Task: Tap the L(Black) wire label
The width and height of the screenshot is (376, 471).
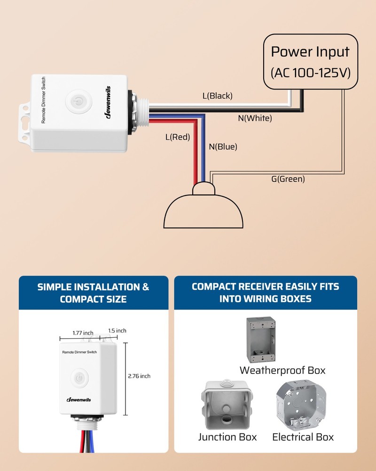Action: coord(217,96)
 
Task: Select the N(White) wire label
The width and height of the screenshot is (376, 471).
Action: coord(255,118)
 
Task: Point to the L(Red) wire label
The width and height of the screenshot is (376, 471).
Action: coord(177,138)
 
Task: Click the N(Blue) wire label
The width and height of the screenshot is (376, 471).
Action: coord(223,146)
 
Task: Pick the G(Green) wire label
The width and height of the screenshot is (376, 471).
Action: coord(288,179)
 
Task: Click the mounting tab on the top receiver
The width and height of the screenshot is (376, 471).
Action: coord(24,122)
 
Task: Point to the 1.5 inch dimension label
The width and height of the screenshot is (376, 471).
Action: coord(117,331)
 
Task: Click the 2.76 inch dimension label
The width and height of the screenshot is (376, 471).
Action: coord(139,376)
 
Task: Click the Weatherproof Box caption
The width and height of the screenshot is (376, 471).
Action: coord(282,370)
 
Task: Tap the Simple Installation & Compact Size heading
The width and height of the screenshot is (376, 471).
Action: coord(93,292)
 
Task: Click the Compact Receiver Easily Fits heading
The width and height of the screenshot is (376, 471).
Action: coord(265,292)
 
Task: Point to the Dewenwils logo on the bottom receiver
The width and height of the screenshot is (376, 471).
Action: coord(78,400)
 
